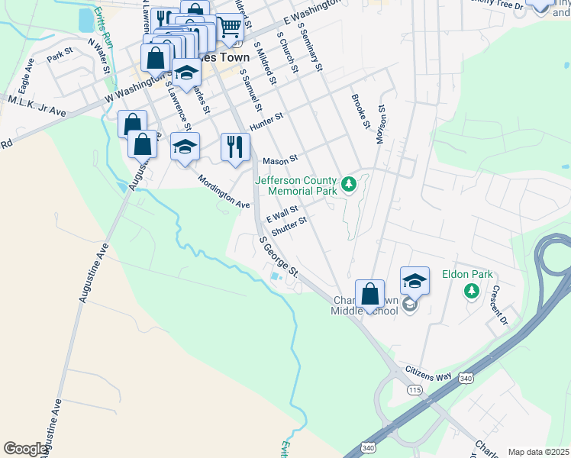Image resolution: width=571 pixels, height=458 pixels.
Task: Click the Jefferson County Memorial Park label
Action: pyautogui.click(x=295, y=185)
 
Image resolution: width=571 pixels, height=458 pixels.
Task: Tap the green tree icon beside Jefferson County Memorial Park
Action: pyautogui.click(x=349, y=184)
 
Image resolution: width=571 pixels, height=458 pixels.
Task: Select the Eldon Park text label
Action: pyautogui.click(x=468, y=275)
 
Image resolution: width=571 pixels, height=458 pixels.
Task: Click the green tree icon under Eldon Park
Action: pyautogui.click(x=472, y=291)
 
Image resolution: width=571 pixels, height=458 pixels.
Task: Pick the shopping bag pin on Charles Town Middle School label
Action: pyautogui.click(x=369, y=293)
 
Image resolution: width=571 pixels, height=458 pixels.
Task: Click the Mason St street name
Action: pyautogui.click(x=278, y=161)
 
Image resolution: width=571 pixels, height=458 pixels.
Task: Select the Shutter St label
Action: pyautogui.click(x=289, y=224)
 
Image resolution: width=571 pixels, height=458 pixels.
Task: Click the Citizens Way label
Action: pyautogui.click(x=429, y=373)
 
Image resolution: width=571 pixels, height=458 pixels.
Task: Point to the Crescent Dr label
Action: pyautogui.click(x=499, y=305)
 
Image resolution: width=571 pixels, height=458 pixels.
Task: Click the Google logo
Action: pyautogui.click(x=26, y=449)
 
